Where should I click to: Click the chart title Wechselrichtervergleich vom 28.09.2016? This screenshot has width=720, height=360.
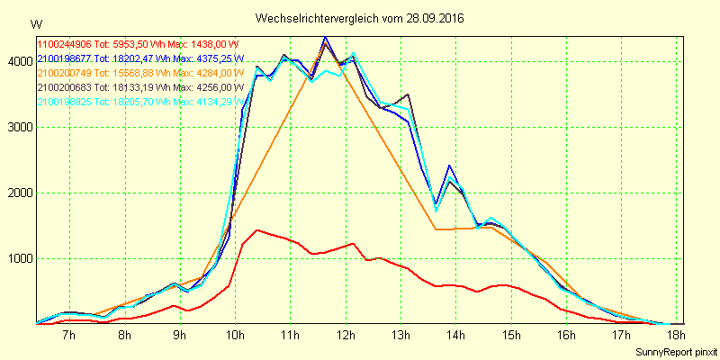pyautogui.click(x=359, y=18)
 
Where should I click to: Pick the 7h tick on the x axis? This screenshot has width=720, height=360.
pyautogui.click(x=69, y=335)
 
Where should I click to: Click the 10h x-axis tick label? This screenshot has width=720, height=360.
pyautogui.click(x=235, y=335)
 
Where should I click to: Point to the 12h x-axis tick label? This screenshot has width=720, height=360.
pyautogui.click(x=346, y=335)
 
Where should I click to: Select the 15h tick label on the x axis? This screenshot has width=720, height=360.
pyautogui.click(x=511, y=335)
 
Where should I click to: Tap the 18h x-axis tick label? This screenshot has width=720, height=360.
pyautogui.click(x=677, y=335)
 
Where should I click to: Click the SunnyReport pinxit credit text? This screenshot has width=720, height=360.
pyautogui.click(x=677, y=350)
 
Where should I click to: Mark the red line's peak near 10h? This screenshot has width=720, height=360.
pyautogui.click(x=257, y=230)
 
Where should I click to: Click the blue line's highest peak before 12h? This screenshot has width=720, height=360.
pyautogui.click(x=325, y=38)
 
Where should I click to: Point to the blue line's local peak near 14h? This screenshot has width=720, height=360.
pyautogui.click(x=449, y=166)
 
